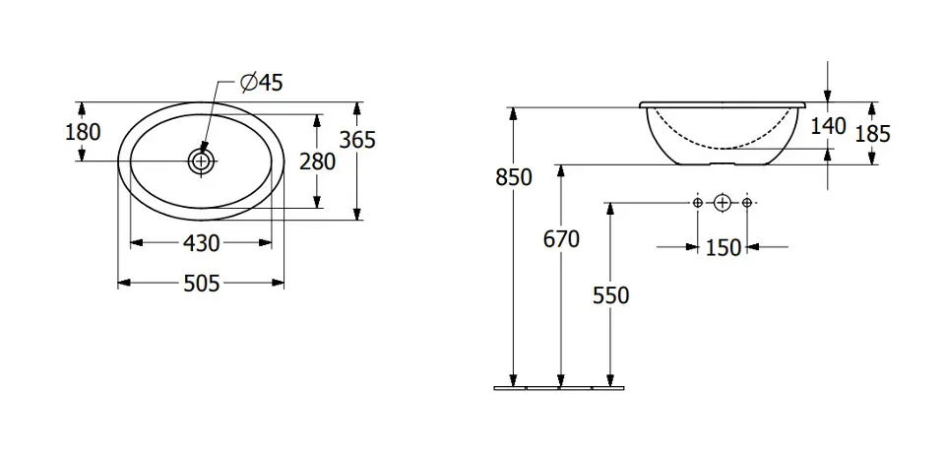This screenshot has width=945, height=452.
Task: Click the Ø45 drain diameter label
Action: [261, 83]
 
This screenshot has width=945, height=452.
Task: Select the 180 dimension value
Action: [83, 131]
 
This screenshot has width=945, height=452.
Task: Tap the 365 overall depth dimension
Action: [357, 140]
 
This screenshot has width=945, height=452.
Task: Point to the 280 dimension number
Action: [317, 161]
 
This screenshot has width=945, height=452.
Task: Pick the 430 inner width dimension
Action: [201, 243]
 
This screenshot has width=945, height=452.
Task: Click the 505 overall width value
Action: [201, 283]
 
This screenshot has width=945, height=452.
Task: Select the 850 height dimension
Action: [514, 178]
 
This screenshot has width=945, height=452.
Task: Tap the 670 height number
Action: [561, 239]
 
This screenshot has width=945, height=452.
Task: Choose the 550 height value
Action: [610, 295]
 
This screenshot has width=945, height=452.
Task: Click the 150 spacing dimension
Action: [723, 247]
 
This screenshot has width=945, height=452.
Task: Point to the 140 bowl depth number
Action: [828, 127]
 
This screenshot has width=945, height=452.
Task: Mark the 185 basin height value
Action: [871, 134]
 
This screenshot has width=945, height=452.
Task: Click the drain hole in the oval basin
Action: [201, 161]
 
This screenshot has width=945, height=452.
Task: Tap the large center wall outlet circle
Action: [722, 203]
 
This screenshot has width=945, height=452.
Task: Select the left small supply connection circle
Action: [697, 203]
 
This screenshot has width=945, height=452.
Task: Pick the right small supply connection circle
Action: [747, 203]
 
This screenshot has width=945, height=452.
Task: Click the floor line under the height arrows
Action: [559, 388]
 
